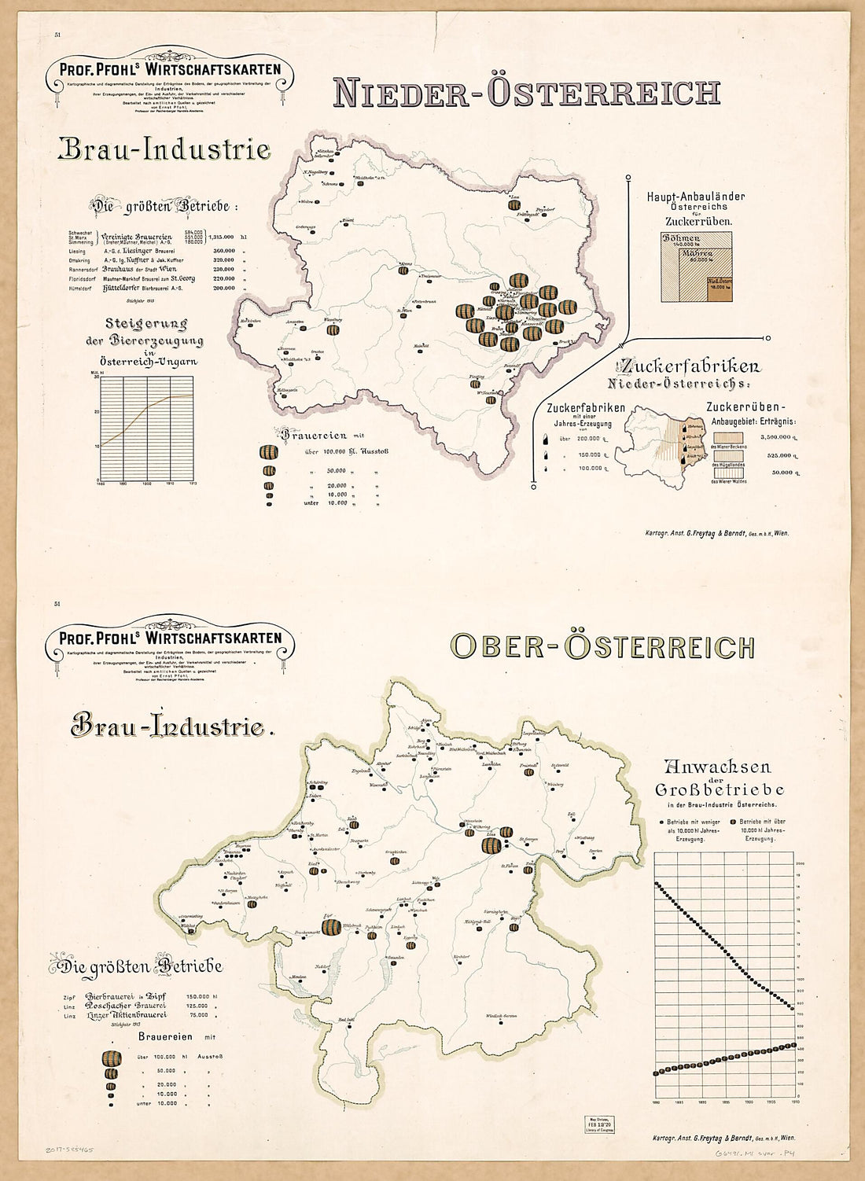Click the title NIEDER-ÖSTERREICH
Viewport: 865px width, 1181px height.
pos(526,92)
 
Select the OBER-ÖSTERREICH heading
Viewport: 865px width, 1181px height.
pos(602,646)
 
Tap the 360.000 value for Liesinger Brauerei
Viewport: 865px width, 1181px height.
pos(223,250)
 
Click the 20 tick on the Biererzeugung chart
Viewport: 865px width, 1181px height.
pos(97,411)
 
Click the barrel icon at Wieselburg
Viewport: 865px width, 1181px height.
pos(333,330)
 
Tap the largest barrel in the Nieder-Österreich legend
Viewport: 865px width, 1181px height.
pos(269,453)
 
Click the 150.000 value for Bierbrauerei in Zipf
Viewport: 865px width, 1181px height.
pos(197,995)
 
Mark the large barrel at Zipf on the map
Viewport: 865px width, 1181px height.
pos(329,926)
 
